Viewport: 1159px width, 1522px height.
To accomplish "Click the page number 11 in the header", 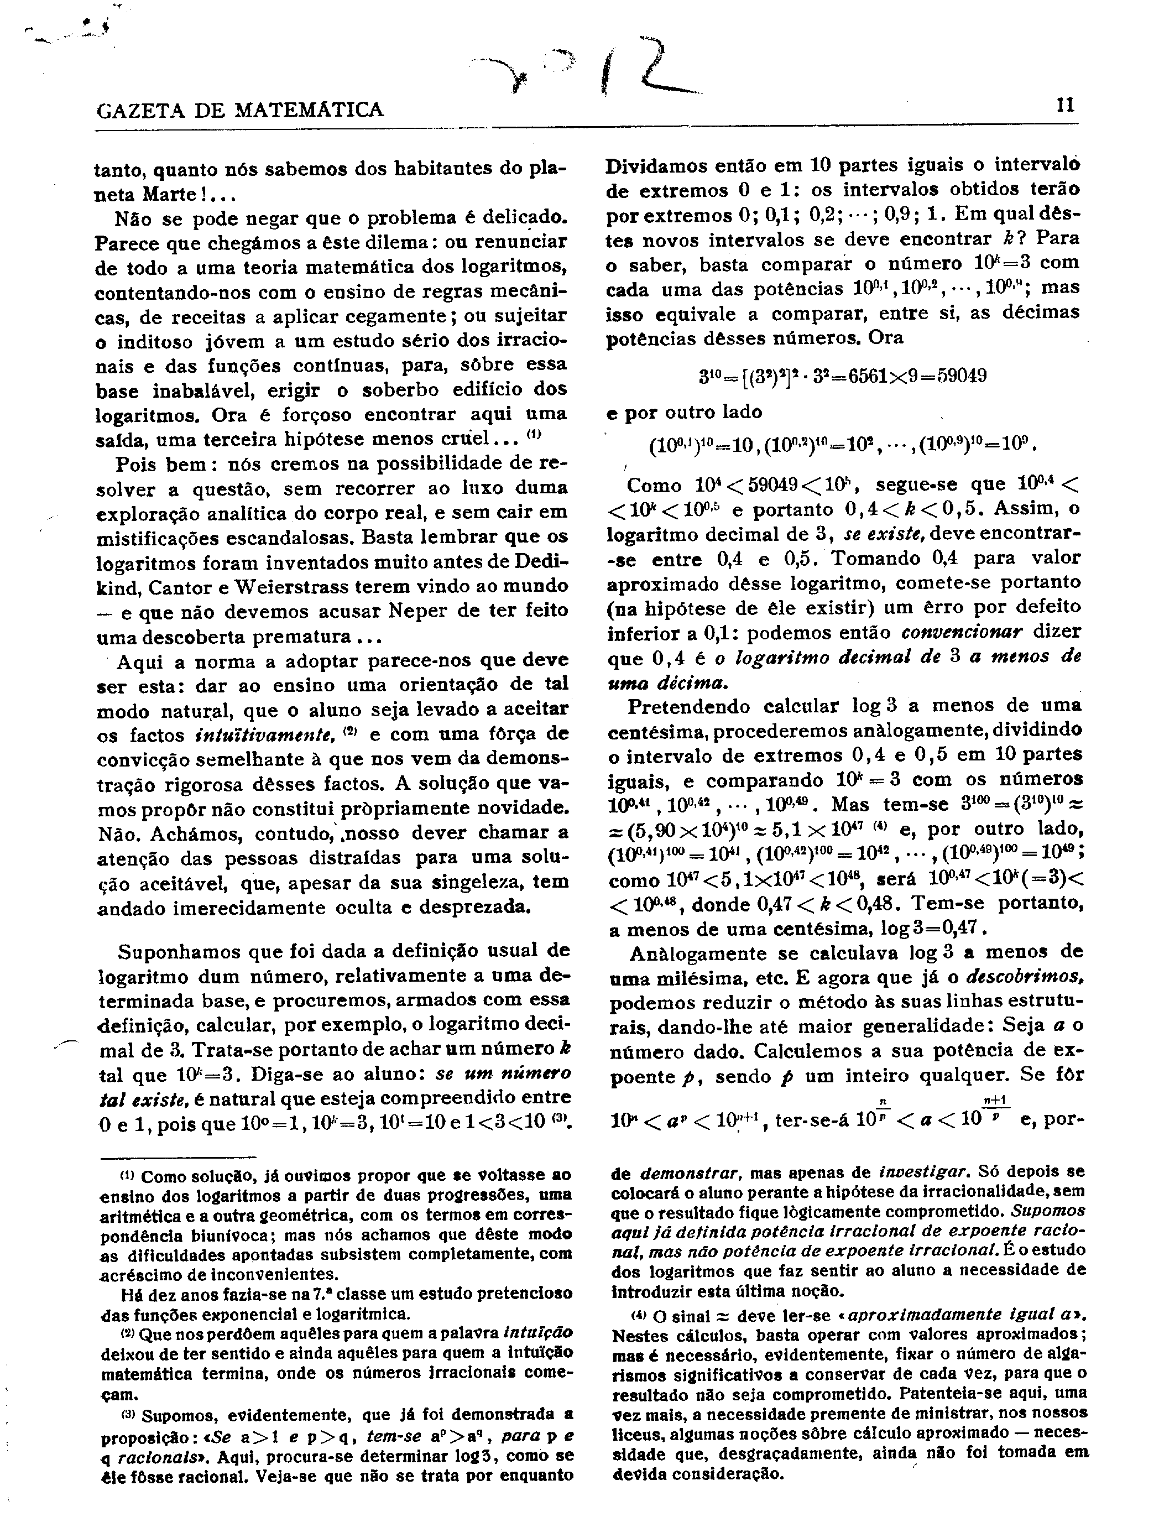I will pos(1064,106).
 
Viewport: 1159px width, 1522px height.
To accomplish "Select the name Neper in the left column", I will pos(420,611).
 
